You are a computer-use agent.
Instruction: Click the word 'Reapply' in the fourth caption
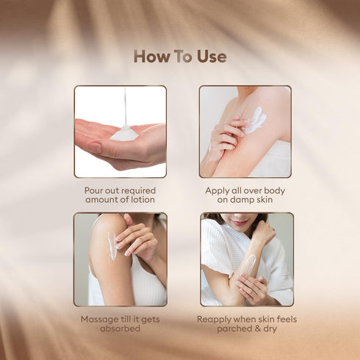tap(216, 320)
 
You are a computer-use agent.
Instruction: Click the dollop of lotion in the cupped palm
tap(124, 134)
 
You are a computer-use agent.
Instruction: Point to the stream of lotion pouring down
tap(126, 107)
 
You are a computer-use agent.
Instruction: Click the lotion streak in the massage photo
tap(112, 246)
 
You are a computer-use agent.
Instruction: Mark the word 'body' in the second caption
tap(271, 190)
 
